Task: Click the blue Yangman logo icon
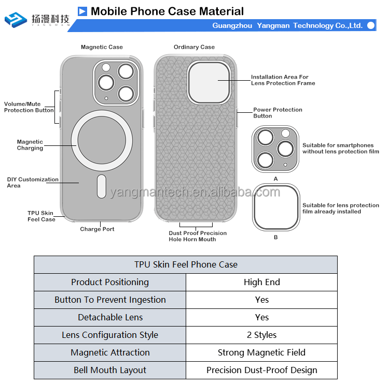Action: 16,20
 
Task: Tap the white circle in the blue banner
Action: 371,25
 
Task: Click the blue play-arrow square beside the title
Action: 82,11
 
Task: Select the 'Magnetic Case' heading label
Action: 102,47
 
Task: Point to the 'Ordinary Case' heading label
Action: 194,47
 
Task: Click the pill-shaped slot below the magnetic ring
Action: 102,186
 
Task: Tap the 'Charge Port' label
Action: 98,229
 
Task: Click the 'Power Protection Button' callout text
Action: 277,113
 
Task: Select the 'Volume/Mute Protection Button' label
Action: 29,107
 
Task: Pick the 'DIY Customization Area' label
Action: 33,183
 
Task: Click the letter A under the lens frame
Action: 275,179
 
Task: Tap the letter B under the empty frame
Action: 275,237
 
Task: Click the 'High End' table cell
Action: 262,282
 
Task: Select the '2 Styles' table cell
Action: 262,335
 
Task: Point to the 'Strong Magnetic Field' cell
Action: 262,352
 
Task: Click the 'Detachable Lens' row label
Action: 110,317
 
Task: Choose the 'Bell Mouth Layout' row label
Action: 110,370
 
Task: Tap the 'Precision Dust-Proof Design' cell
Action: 262,370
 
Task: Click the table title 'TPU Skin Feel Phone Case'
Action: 186,264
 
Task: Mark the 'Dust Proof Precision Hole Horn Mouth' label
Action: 198,236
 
